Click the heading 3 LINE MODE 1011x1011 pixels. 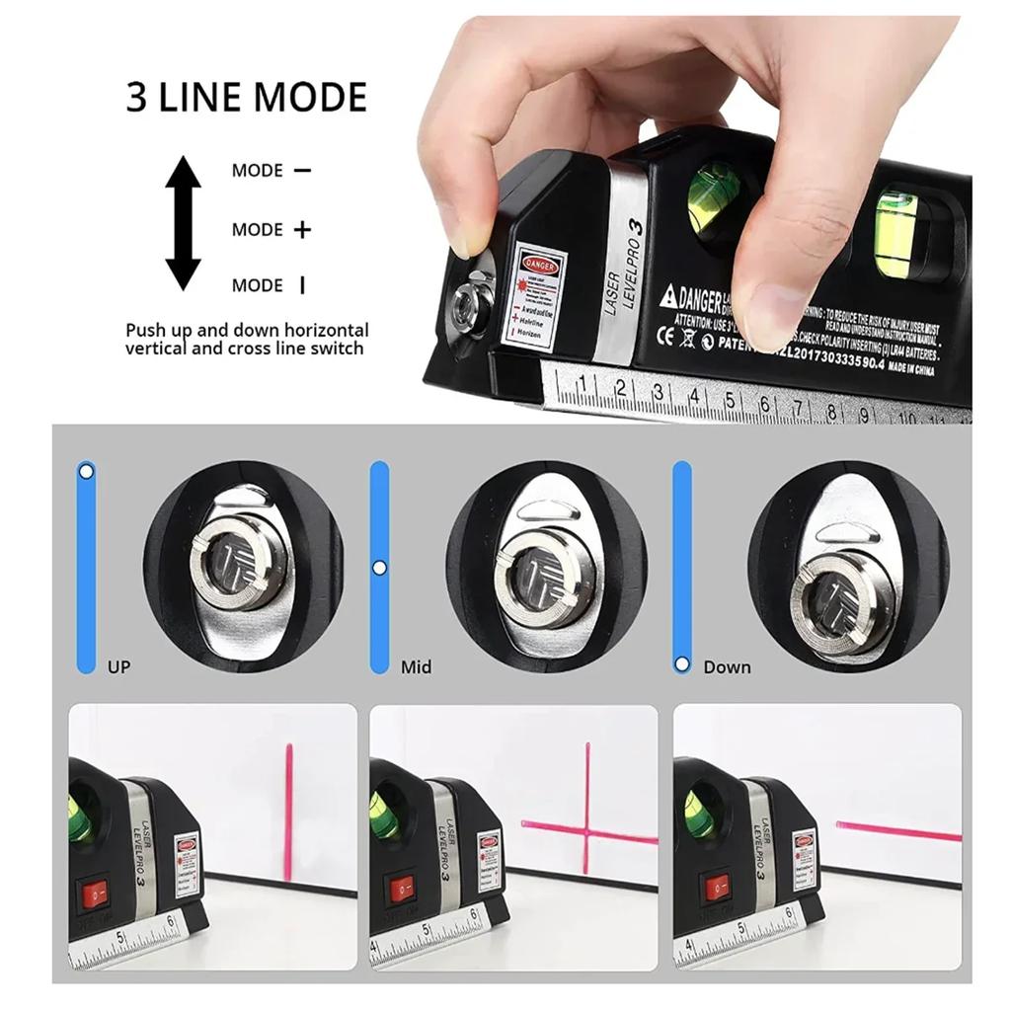point(246,98)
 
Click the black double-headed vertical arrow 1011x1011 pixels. point(183,223)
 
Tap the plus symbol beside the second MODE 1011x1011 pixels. point(302,230)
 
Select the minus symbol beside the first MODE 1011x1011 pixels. point(302,170)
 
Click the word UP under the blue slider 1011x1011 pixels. point(118,667)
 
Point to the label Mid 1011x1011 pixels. point(416,667)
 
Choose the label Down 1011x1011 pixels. point(727,667)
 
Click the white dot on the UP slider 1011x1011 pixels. point(87,472)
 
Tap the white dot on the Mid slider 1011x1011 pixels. point(379,568)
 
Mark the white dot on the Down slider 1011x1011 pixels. point(681,664)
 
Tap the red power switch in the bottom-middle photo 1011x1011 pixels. point(401,890)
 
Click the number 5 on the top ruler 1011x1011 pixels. point(729,401)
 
